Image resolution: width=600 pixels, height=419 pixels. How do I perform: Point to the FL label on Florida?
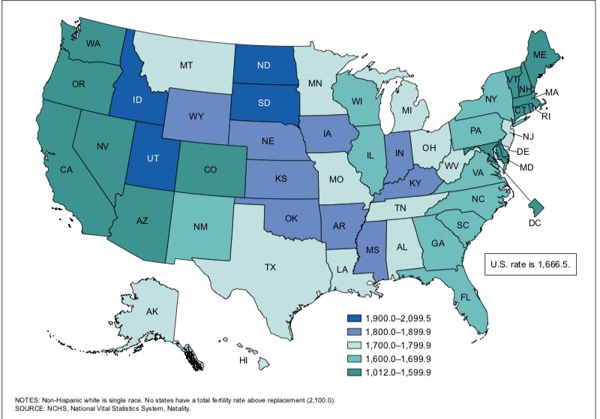pos(465,297)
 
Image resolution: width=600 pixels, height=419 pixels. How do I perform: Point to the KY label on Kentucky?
pos(414,182)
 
